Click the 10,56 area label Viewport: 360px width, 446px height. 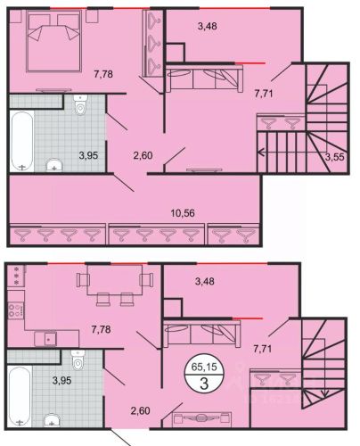(183, 213)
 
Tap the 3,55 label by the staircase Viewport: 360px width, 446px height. (335, 157)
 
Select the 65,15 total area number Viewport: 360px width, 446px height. (204, 367)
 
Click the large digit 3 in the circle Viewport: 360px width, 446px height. (204, 383)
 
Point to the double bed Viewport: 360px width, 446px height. (53, 41)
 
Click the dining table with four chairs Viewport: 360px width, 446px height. (115, 285)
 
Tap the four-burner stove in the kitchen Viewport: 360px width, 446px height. (16, 310)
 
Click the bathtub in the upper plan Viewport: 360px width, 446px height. (22, 141)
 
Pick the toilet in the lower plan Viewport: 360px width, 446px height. (78, 360)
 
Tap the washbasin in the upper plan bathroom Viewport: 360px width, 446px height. (54, 166)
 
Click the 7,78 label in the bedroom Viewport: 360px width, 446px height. (103, 74)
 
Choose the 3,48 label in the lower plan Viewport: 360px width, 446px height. (205, 281)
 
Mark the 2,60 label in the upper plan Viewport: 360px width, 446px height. (143, 155)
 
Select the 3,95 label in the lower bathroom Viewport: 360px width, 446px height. (61, 380)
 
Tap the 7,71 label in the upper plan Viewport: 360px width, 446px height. (264, 94)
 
